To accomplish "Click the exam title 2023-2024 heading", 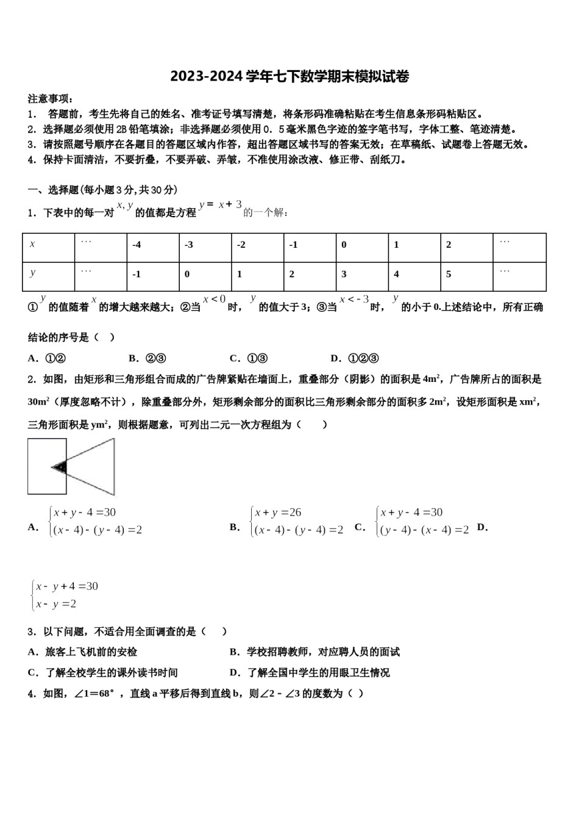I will tap(289, 76).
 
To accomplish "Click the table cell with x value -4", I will tap(153, 245).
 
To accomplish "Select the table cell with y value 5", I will tap(466, 275).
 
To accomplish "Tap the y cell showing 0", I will tap(205, 275).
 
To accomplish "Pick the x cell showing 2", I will tap(466, 245).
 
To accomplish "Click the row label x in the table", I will tap(48, 245).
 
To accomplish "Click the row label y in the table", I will tap(48, 274).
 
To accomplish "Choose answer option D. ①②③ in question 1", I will tap(355, 358).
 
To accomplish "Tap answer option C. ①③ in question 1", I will tap(249, 358).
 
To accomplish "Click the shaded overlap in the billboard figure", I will tap(59, 467).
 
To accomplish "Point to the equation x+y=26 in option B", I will tap(279, 512).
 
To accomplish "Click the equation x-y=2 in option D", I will tap(56, 604).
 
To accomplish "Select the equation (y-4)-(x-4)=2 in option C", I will tap(424, 530).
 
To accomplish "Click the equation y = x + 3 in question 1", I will tap(221, 205).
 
